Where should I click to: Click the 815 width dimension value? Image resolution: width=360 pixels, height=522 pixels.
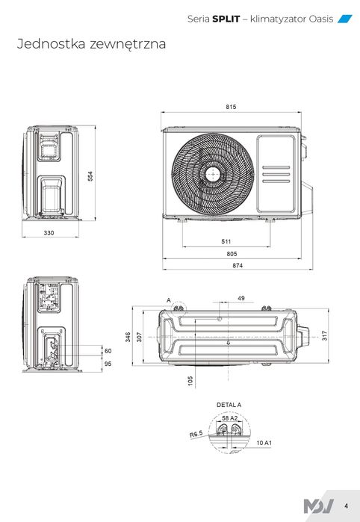tap(231, 107)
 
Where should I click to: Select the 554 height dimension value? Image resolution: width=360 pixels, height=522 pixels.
tap(90, 176)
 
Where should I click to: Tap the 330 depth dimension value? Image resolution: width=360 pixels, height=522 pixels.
tap(49, 233)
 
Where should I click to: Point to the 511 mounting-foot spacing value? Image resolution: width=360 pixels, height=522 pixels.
tap(226, 241)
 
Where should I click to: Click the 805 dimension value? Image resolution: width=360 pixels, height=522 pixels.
tap(232, 254)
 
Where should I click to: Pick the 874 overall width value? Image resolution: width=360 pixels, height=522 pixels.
tap(238, 266)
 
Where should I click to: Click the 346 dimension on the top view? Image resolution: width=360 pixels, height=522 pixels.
tap(128, 337)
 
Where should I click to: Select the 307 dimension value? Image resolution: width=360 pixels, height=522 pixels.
tap(140, 337)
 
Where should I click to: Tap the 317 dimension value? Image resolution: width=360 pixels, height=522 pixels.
tap(325, 335)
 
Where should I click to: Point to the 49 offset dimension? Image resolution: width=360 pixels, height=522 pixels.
tap(241, 298)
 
